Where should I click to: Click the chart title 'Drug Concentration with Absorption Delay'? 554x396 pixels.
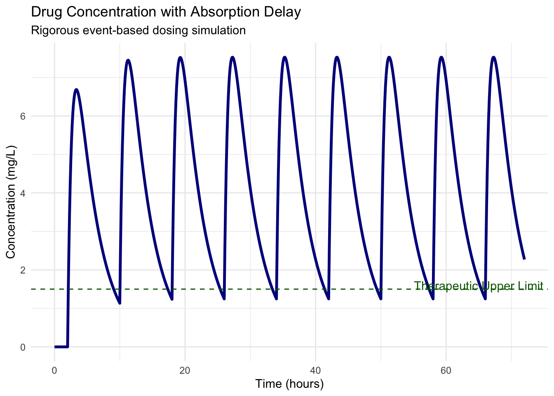tap(166, 12)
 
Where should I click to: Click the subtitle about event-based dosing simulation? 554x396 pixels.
tap(138, 31)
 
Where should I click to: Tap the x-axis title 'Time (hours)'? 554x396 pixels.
tap(289, 384)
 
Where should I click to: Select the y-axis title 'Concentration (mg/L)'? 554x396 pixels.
tap(11, 202)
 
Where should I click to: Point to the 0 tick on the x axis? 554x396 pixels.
tap(54, 370)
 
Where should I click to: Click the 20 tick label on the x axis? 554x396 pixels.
tap(185, 370)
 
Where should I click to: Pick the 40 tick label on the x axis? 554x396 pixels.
tap(315, 370)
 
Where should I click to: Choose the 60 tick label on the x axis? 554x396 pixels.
tap(446, 370)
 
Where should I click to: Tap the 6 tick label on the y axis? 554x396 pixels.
tap(23, 116)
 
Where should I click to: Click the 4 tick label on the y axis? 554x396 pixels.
tap(23, 193)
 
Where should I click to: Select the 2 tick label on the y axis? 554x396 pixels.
tap(23, 270)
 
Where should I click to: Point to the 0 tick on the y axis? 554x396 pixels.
tap(23, 347)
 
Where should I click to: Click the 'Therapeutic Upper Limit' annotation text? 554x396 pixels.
tap(478, 286)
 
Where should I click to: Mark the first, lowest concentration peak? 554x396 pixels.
tap(76, 90)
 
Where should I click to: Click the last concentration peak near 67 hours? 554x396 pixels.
tap(493, 57)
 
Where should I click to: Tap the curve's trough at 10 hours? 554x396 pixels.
tap(120, 303)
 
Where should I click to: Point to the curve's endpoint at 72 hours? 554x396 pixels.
tap(524, 259)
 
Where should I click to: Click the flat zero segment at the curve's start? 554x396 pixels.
tap(61, 346)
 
